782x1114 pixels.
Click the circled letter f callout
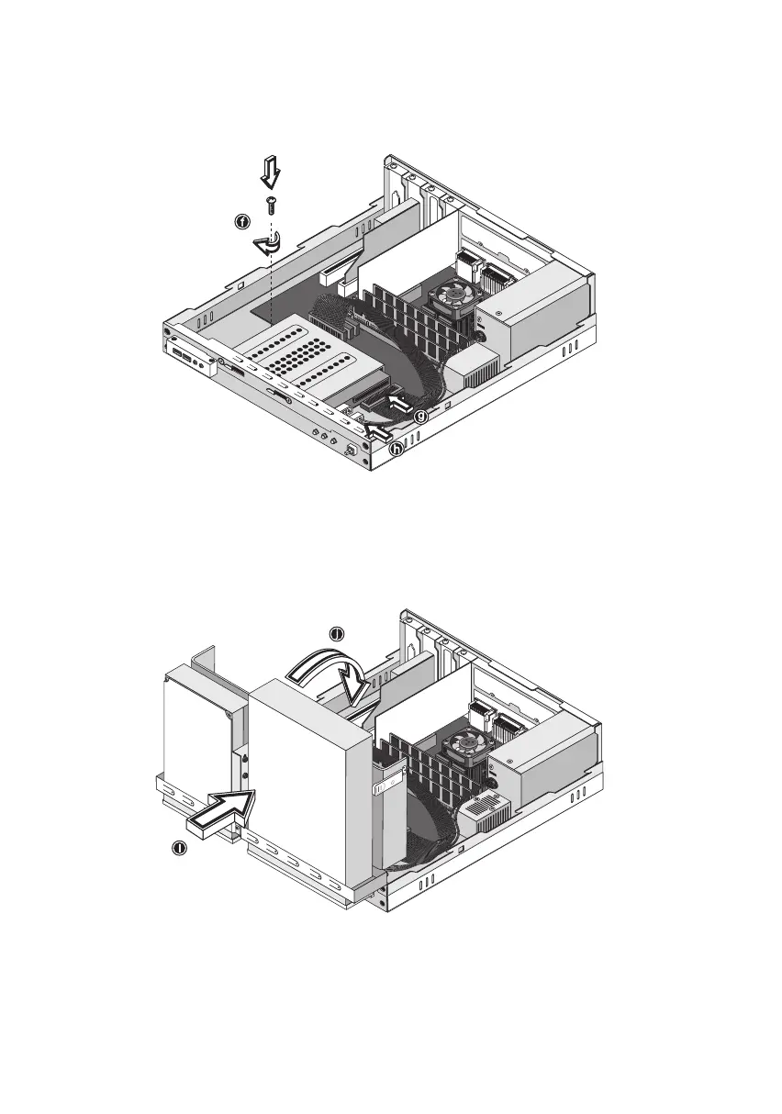(241, 222)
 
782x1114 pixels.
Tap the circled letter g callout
(419, 417)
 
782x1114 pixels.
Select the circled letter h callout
(396, 449)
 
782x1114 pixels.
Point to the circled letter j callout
(337, 635)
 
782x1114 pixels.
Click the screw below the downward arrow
(271, 205)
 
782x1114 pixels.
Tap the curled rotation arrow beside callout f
(267, 243)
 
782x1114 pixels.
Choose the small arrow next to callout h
(376, 427)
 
